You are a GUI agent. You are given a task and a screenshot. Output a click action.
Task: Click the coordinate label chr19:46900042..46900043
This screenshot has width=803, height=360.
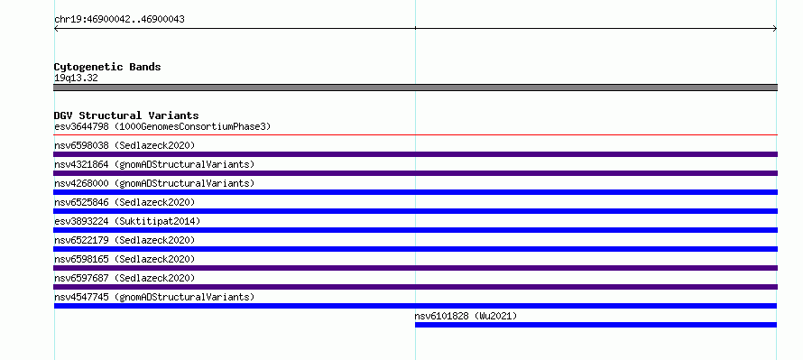(119, 20)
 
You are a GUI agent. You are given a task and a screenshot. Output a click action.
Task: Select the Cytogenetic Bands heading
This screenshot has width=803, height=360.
(107, 67)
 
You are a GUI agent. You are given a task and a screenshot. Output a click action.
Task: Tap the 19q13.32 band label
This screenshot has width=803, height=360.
(76, 78)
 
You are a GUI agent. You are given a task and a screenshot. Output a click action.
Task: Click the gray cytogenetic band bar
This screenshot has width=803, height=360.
(415, 88)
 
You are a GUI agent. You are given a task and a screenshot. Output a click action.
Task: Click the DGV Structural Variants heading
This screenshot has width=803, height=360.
(126, 115)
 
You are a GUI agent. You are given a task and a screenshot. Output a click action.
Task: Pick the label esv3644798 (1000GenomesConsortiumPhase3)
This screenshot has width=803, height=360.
(162, 126)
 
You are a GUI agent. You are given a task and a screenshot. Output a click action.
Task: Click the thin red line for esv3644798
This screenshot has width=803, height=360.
(415, 135)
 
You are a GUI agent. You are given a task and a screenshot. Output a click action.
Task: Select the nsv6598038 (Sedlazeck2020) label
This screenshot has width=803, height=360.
(125, 145)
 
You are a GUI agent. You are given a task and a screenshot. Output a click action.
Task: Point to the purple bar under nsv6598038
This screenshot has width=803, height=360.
(415, 154)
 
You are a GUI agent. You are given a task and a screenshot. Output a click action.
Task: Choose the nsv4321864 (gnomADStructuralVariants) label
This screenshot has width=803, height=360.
(154, 164)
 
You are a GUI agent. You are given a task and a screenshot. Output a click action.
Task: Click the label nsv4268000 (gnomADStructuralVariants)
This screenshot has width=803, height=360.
(154, 183)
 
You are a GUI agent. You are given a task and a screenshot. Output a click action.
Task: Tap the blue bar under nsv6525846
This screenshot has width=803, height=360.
(415, 211)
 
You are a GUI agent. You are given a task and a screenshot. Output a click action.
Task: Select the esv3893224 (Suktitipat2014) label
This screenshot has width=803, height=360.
(127, 221)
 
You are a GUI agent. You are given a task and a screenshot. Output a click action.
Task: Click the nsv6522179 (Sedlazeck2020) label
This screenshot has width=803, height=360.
(125, 240)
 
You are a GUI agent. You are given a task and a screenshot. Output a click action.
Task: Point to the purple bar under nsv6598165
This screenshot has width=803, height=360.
(415, 268)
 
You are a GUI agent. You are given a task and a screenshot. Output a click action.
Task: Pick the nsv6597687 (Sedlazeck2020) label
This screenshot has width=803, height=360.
(125, 278)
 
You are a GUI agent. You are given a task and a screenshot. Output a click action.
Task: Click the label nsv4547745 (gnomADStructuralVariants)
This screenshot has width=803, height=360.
(154, 297)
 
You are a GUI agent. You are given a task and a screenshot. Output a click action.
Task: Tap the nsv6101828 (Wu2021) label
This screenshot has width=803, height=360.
(466, 316)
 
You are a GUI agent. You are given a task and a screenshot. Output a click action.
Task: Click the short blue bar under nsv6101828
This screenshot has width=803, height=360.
(595, 325)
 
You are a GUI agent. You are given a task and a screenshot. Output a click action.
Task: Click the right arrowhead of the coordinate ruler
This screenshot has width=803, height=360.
(775, 29)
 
